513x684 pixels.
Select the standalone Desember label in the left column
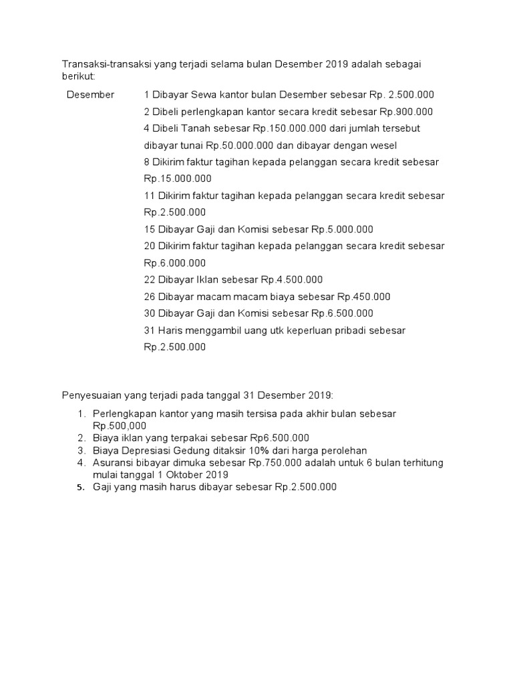[90, 95]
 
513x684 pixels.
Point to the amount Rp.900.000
[406, 112]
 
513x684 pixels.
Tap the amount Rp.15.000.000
[178, 178]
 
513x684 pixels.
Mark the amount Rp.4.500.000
[292, 279]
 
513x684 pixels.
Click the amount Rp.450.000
[364, 297]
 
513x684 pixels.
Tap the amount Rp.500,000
[120, 425]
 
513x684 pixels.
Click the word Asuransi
[115, 462]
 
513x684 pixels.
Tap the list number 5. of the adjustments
[79, 488]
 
